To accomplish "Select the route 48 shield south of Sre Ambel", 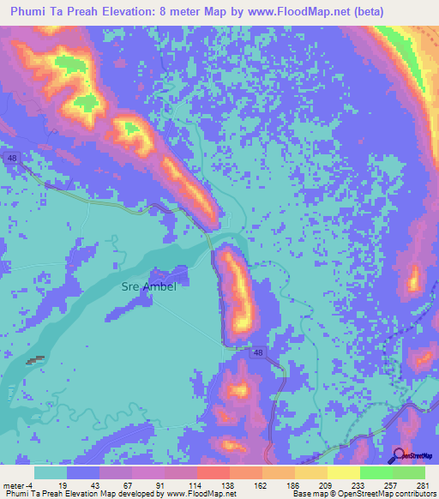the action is tap(258, 352).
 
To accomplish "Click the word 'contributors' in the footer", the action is tap(413, 494).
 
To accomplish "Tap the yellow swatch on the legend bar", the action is tap(343, 472).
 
